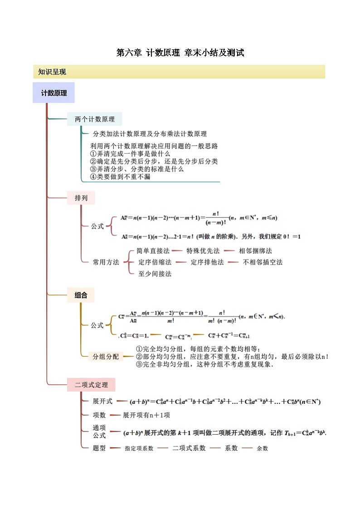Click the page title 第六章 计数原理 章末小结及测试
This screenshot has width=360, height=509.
(180, 53)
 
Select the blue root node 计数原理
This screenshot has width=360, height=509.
(54, 93)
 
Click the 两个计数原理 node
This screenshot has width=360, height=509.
(95, 119)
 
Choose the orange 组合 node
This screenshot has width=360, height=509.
(81, 296)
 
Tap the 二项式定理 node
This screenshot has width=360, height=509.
(91, 385)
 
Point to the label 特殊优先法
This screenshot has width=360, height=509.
(203, 251)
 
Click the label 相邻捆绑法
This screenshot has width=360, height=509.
(255, 251)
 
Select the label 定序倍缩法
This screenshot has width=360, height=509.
(155, 262)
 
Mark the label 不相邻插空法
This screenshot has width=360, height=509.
(263, 262)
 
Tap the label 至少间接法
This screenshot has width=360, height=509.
(155, 273)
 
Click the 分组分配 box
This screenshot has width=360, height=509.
(106, 357)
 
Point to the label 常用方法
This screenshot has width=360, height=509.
(106, 262)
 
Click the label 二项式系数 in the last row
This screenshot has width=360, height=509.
(189, 448)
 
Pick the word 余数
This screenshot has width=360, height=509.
(263, 448)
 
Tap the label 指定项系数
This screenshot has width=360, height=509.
(139, 448)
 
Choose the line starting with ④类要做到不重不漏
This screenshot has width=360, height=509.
(120, 177)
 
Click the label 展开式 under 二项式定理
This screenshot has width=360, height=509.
(102, 401)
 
